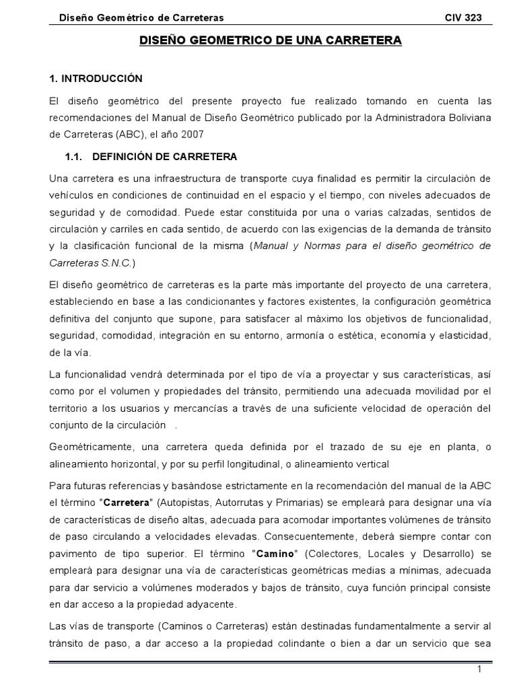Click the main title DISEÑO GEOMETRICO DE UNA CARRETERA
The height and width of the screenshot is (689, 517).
(270, 41)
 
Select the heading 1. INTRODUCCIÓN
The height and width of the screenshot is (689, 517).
(96, 79)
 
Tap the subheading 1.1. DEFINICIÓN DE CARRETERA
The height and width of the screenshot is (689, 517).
(151, 157)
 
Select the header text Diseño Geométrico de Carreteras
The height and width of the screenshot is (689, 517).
(142, 17)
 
